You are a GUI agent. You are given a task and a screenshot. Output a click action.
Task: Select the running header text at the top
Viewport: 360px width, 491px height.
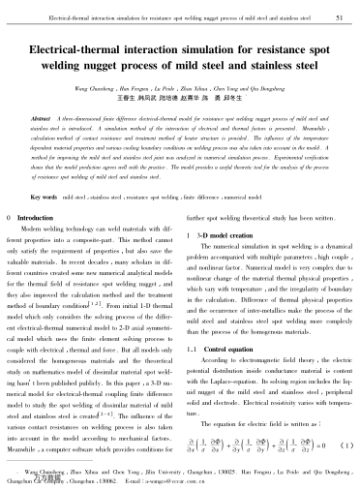pos(172,16)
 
